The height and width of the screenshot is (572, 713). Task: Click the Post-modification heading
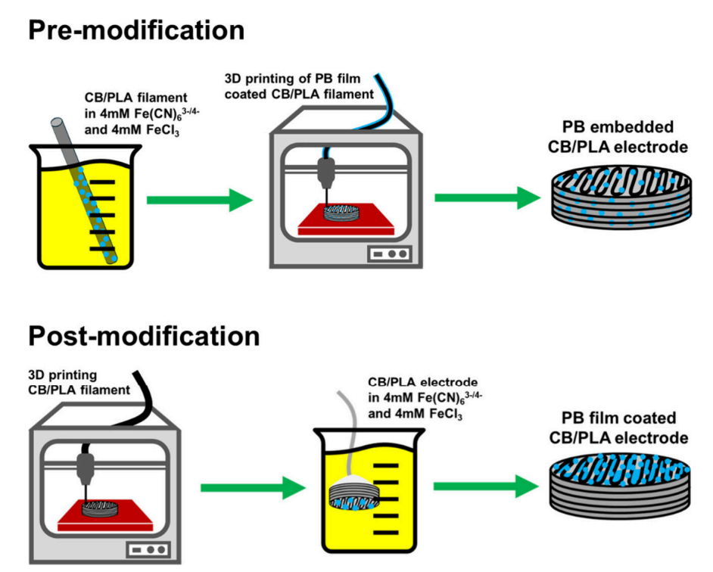point(144,336)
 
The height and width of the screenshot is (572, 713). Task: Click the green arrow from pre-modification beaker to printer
point(198,201)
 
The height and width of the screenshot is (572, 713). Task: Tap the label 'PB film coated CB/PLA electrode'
point(620,427)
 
